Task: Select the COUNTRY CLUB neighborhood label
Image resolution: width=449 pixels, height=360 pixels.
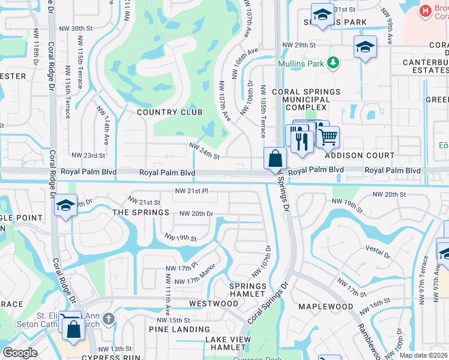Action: pos(169,112)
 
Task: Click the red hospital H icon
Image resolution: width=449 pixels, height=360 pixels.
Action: pos(425,10)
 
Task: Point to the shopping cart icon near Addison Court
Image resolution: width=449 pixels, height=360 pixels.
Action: pos(327,137)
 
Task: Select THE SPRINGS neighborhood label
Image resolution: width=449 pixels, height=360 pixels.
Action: pos(140,213)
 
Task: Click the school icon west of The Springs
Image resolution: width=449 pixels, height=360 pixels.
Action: pos(65,206)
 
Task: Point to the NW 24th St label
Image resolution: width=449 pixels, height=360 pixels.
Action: pos(204,151)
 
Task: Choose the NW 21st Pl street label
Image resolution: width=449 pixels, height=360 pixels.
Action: pos(191,191)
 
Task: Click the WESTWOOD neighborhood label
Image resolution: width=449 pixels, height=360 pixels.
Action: pos(213,304)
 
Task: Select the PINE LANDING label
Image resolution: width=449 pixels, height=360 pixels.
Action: pos(179,329)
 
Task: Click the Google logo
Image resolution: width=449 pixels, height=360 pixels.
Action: pos(20,352)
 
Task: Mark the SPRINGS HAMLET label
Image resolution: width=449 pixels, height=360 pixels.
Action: pos(248,290)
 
